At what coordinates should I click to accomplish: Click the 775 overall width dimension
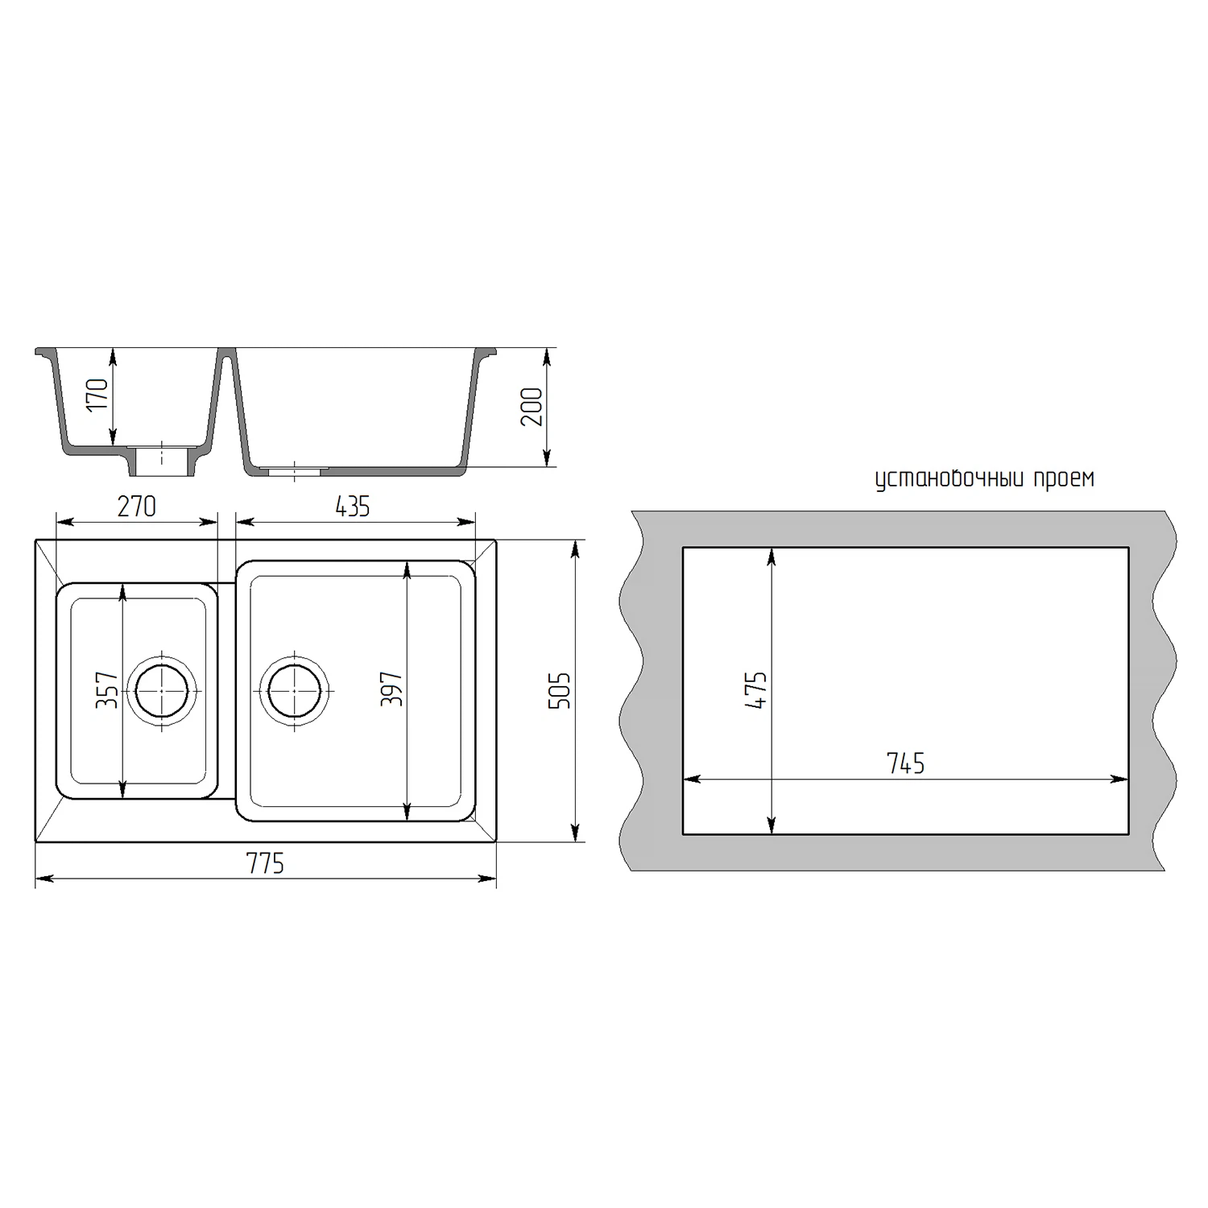coord(266,863)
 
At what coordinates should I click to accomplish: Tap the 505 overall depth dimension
coord(559,690)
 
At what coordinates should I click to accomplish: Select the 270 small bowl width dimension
coord(137,507)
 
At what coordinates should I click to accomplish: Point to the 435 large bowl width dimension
coord(353,507)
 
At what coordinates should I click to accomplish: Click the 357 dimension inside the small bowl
coord(107,690)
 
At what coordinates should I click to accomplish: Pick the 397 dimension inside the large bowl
coord(391,690)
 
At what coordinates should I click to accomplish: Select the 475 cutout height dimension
coord(757,690)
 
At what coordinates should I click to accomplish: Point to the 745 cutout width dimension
coord(906,763)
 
